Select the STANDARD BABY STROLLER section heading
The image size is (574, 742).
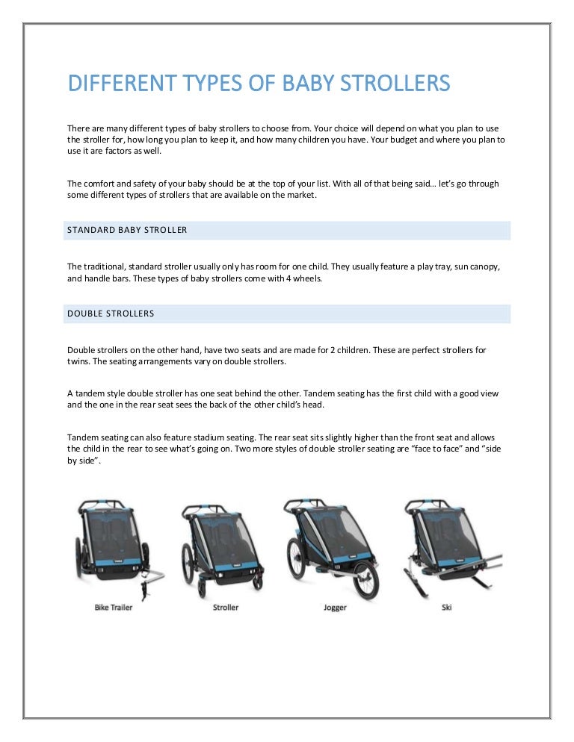[127, 230]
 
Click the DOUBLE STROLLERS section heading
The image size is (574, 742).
[111, 314]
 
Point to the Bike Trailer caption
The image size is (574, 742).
[114, 608]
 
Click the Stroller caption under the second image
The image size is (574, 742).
[225, 608]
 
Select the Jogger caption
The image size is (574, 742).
[335, 608]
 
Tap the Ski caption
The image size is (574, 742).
[447, 608]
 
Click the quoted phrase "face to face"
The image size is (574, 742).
[430, 449]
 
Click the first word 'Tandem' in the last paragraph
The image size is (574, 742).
[83, 437]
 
